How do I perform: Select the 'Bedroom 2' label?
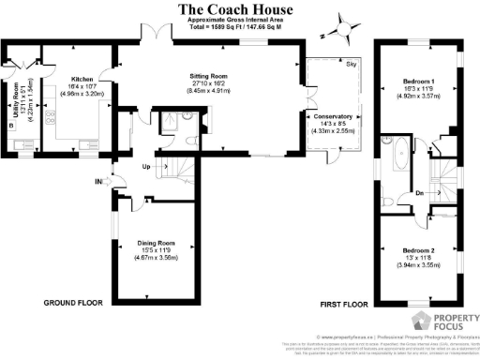pyautogui.click(x=419, y=251)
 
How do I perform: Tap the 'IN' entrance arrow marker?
pyautogui.click(x=98, y=181)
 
